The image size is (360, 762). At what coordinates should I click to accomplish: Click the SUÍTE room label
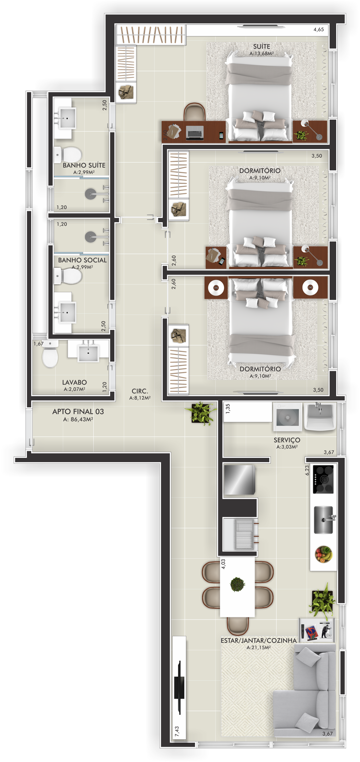[261, 46]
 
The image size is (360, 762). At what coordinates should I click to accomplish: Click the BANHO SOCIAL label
[82, 260]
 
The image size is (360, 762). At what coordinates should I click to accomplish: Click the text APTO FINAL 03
[78, 411]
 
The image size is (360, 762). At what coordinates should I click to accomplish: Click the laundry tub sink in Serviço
[320, 416]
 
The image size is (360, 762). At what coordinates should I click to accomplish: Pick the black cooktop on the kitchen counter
[323, 479]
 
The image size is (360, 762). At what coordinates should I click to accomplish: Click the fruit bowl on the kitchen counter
[324, 554]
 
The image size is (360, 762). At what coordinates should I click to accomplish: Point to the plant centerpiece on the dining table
[237, 584]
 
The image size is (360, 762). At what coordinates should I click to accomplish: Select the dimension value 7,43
[177, 731]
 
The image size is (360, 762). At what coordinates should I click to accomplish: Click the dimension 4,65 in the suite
[319, 30]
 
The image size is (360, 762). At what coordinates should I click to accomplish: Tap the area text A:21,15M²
[259, 647]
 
